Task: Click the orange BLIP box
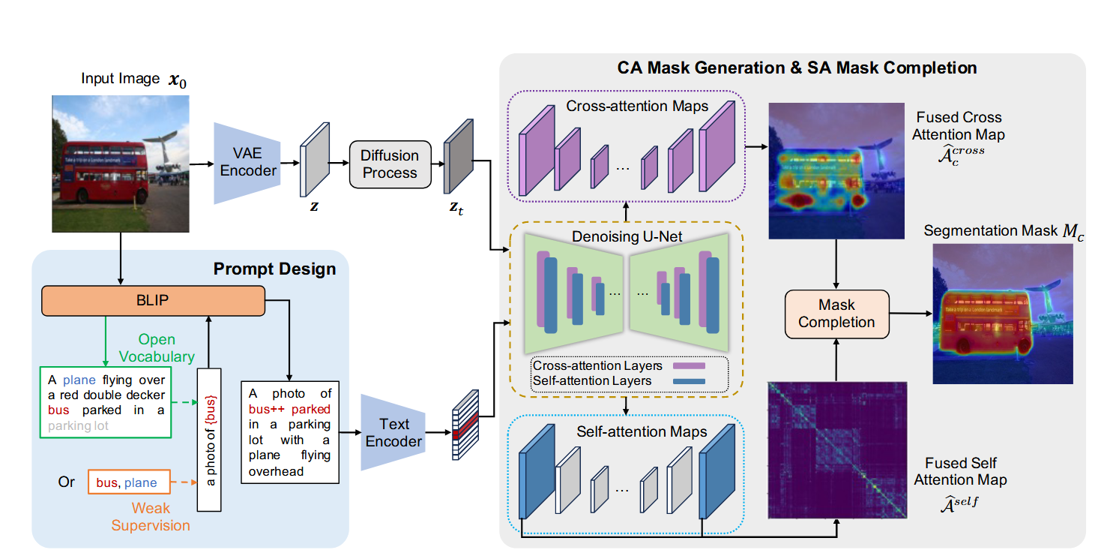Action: point(153,301)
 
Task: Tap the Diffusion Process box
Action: point(390,164)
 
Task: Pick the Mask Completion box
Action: point(836,314)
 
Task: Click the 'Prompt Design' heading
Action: point(274,269)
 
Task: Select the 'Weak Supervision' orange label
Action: point(151,516)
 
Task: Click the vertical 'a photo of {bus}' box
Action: point(209,439)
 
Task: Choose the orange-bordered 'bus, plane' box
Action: point(127,482)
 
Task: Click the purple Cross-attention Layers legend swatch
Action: point(690,366)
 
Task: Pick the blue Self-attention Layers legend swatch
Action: point(690,381)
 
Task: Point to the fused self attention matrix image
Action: point(837,449)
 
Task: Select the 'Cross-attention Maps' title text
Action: point(637,107)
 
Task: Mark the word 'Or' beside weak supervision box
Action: point(66,482)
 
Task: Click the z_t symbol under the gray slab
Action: point(456,209)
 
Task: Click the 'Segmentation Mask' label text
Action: point(990,231)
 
